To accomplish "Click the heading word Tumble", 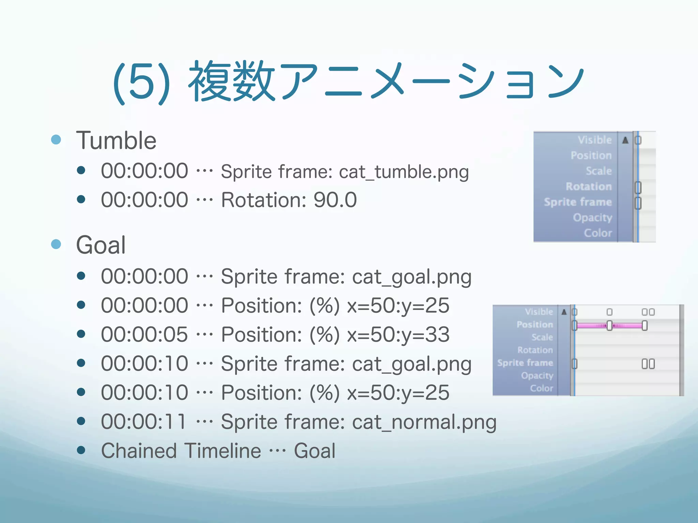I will tap(116, 141).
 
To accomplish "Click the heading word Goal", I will tap(101, 245).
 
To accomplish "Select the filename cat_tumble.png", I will tap(404, 172).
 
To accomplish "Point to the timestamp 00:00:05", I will tap(144, 334).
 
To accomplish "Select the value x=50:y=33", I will tap(398, 334).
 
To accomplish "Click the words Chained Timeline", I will tap(181, 451).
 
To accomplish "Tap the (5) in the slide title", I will tap(141, 83).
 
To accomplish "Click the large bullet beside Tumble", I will tap(56, 140).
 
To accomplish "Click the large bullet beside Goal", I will tap(56, 244).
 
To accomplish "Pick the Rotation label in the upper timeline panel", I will tap(589, 187).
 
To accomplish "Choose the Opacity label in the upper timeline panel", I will tap(592, 218).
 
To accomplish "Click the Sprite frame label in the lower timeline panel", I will tap(525, 363).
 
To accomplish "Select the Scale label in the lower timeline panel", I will tap(542, 337).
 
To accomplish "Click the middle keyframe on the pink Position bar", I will tap(609, 326).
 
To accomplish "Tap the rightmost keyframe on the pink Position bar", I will tap(644, 326).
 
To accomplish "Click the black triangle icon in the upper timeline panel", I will tap(625, 140).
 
